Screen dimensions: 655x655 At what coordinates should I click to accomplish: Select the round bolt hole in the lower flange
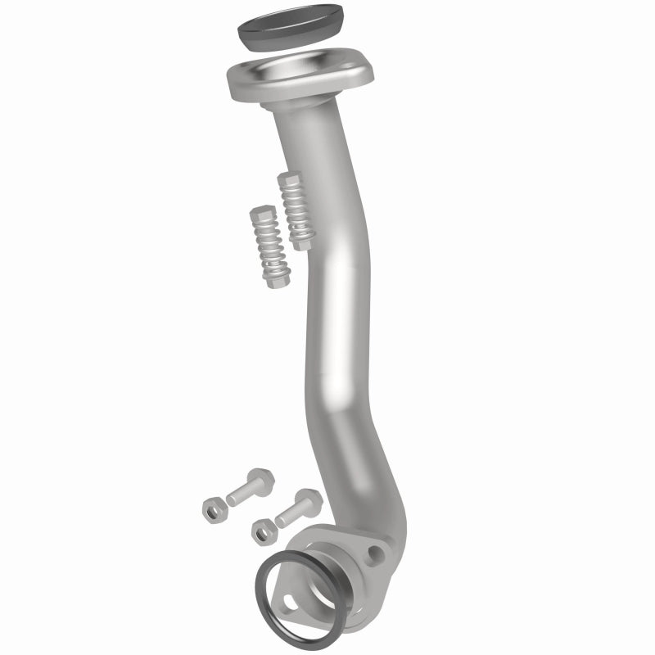tap(376, 554)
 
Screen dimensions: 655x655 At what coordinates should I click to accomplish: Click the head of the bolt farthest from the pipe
tap(261, 481)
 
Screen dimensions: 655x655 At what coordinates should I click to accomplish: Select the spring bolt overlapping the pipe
tap(296, 211)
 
